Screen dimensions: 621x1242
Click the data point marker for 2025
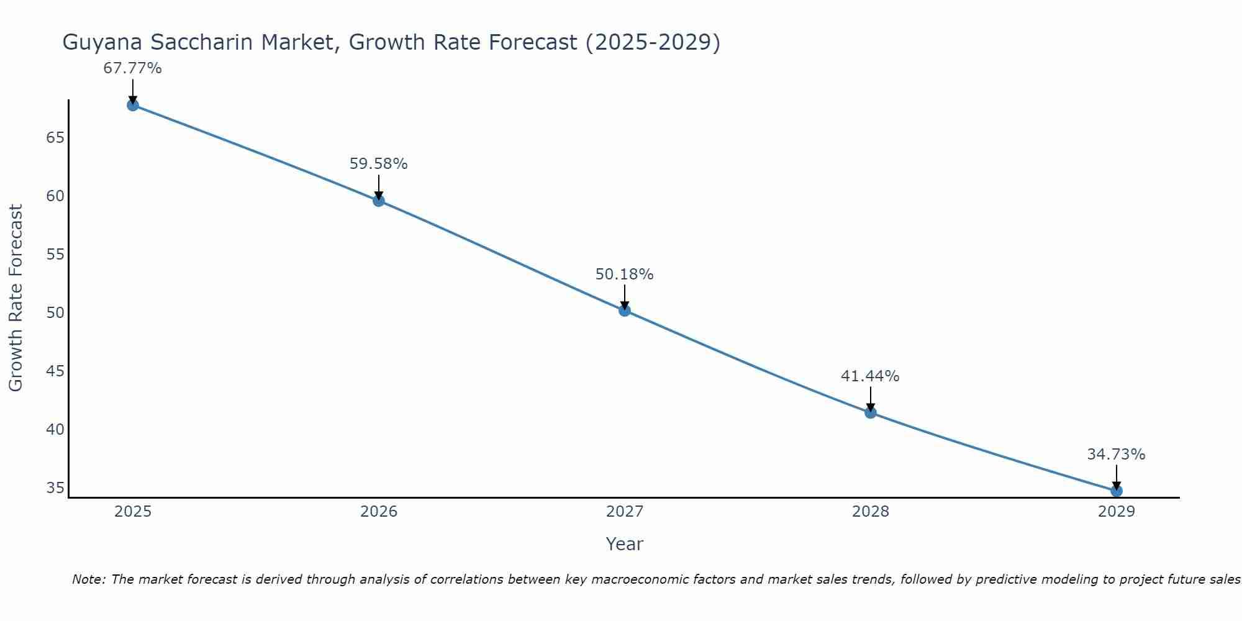132,105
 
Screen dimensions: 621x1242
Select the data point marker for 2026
379,201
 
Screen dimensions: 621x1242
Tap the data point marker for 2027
625,310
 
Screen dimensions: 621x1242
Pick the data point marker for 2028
871,412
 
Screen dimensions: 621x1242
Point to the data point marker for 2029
1117,491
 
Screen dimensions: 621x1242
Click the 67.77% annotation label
132,68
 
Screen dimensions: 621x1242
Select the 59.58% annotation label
379,164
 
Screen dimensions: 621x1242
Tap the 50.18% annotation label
625,274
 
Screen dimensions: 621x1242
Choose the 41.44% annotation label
870,376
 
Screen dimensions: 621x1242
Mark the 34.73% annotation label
1116,455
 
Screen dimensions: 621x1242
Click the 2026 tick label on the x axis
379,512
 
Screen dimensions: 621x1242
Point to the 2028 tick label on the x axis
871,512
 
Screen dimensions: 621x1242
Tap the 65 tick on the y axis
55,137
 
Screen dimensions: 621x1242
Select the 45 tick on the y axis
55,371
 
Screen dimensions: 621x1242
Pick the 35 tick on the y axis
55,488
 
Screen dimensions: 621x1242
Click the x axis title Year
624,544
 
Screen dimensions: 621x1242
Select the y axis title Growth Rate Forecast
16,298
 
